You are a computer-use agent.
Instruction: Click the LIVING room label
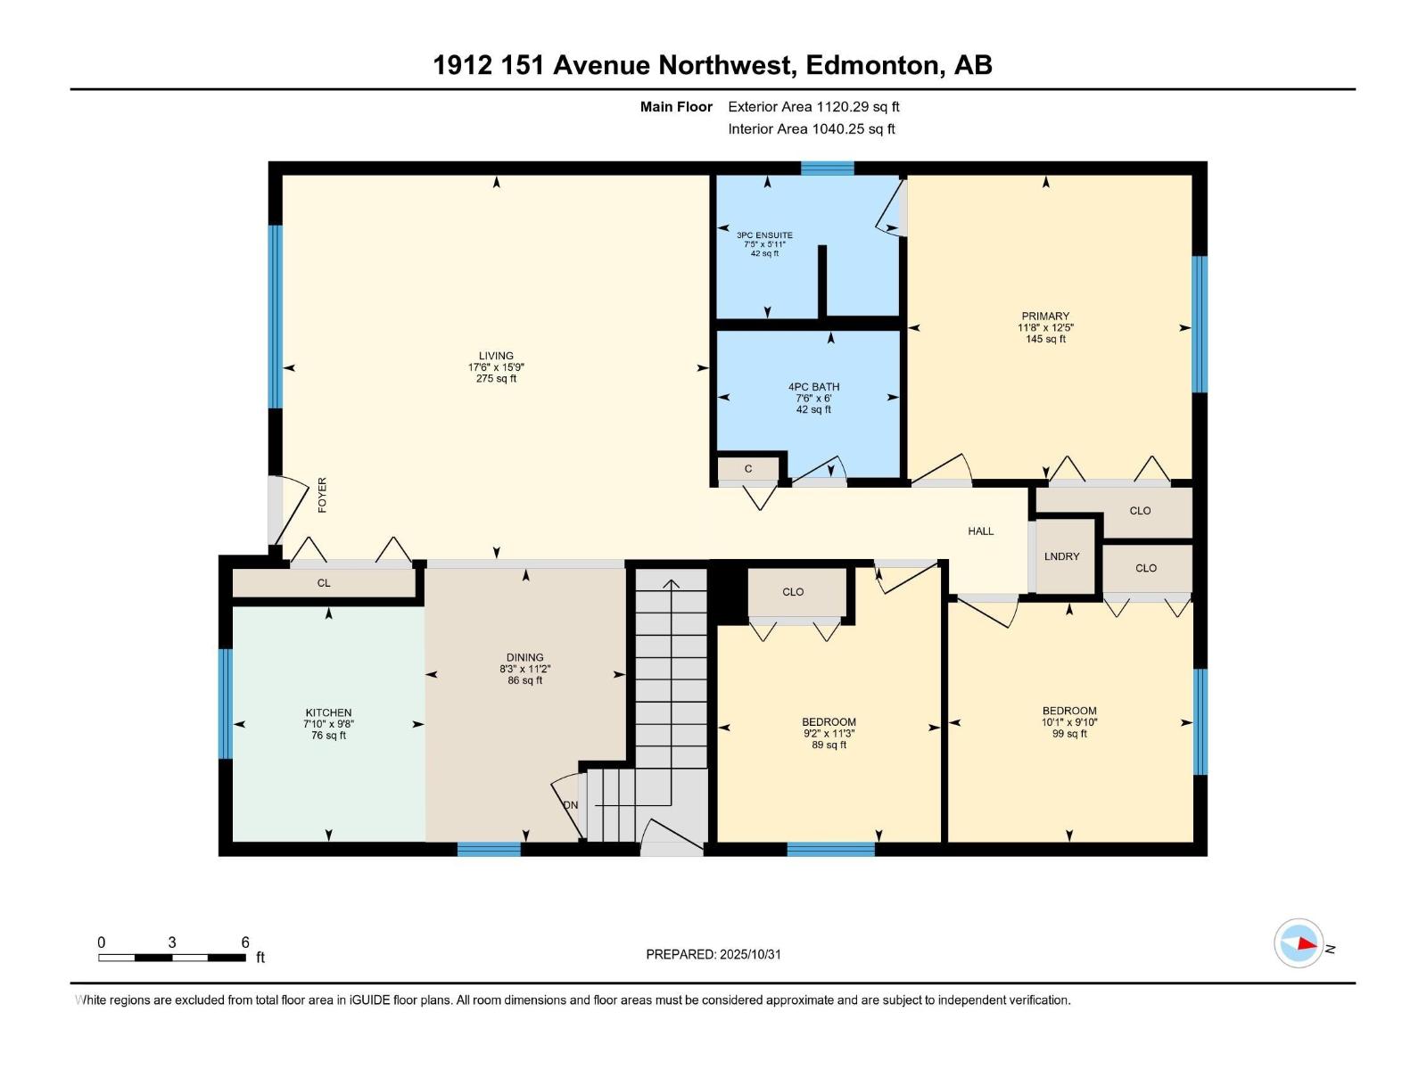[x=496, y=356]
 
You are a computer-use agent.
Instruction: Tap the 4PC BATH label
[x=813, y=387]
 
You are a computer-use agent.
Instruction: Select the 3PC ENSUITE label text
[x=764, y=235]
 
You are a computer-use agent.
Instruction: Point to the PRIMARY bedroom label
[x=1045, y=317]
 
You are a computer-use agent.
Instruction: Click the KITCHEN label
[x=328, y=712]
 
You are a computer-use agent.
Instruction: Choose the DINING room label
[x=524, y=657]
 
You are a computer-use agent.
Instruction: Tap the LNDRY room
[x=1061, y=556]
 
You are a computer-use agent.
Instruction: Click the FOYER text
[x=323, y=495]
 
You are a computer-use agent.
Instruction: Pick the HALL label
[x=981, y=531]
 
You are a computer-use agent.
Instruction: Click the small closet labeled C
[x=748, y=469]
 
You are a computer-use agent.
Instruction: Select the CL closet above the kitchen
[x=324, y=583]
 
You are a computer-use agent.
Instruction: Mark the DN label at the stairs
[x=571, y=805]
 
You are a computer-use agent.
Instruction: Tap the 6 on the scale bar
[x=245, y=942]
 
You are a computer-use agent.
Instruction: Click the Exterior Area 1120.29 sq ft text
[x=813, y=107]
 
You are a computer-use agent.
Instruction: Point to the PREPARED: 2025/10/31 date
[x=713, y=954]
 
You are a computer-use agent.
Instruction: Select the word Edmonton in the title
[x=873, y=65]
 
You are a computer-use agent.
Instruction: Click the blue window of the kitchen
[x=226, y=704]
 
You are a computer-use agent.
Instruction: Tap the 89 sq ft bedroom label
[x=829, y=745]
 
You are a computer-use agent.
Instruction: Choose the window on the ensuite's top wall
[x=827, y=168]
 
